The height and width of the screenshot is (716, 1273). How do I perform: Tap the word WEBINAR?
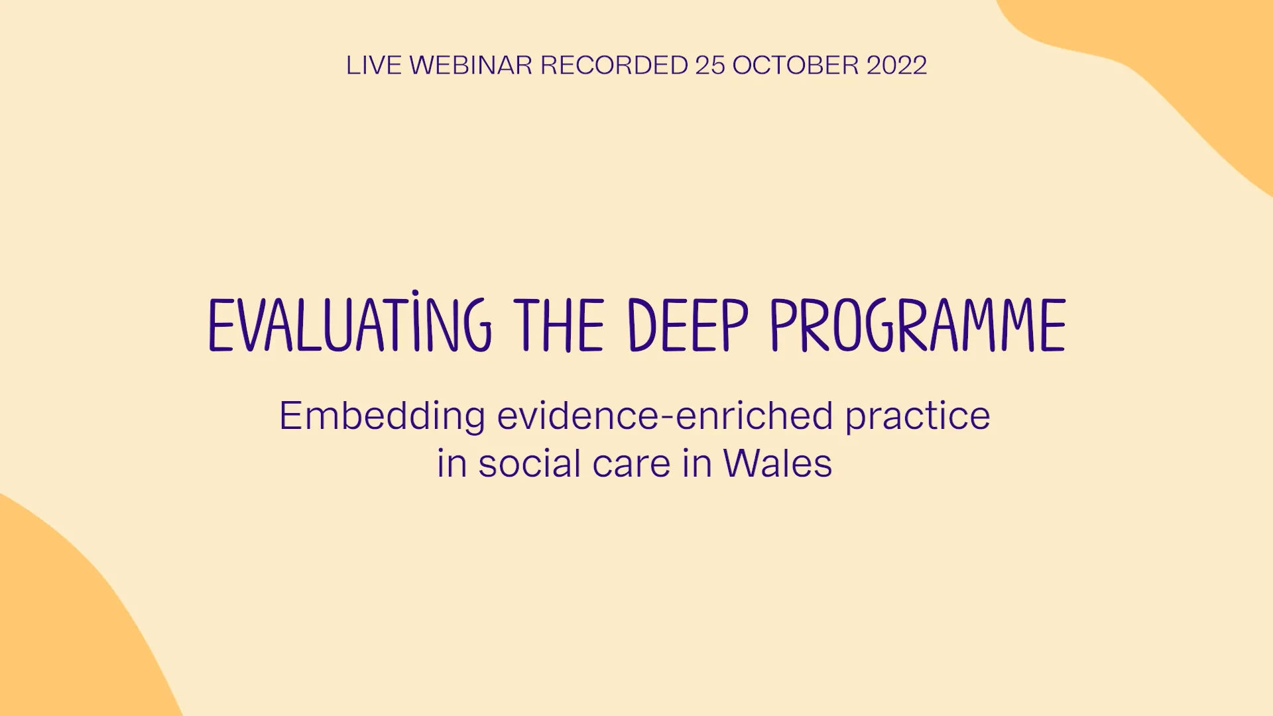click(x=471, y=66)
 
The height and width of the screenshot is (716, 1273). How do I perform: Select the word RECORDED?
click(x=614, y=66)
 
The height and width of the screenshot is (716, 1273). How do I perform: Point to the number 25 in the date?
click(x=709, y=66)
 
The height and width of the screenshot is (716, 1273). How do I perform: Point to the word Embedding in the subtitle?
click(x=382, y=417)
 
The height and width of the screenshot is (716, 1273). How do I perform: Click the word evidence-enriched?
click(x=664, y=416)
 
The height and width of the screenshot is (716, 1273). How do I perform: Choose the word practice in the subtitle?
click(x=917, y=417)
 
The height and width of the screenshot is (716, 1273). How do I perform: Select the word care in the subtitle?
click(x=631, y=464)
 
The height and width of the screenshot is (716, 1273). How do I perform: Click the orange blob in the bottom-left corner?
click(x=60, y=630)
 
